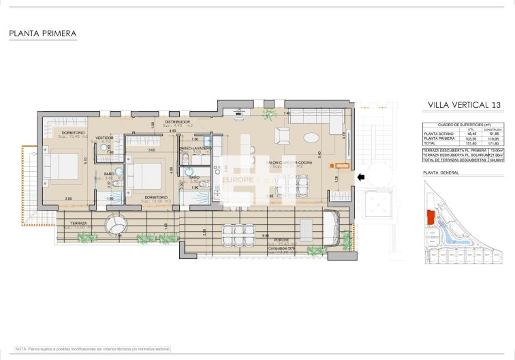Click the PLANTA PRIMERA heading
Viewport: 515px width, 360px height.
pos(43,33)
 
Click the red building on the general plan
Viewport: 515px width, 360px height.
pos(430,217)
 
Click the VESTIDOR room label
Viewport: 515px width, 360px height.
pos(104,137)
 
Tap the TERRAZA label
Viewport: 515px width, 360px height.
pos(78,222)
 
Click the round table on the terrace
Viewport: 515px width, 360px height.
pos(116,224)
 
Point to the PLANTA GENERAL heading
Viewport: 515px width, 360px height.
pos(441,172)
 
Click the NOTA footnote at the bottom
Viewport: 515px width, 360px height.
pos(92,348)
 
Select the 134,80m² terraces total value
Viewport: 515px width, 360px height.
pos(495,160)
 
